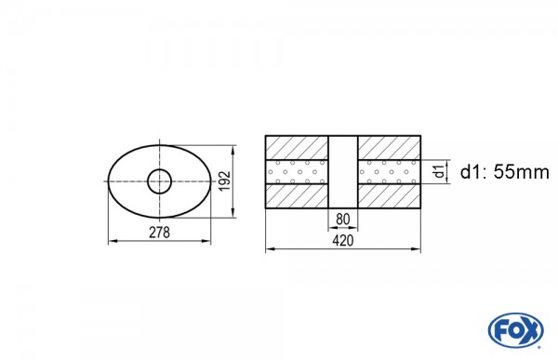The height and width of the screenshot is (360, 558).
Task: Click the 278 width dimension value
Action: (x=159, y=231)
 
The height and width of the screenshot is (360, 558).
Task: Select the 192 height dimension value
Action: (x=223, y=180)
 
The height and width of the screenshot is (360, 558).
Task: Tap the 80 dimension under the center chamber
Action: (x=343, y=220)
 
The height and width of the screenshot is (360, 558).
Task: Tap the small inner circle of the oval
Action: (x=160, y=180)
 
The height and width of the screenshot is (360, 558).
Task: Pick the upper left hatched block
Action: (x=298, y=148)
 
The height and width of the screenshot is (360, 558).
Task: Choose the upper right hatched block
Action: (x=389, y=148)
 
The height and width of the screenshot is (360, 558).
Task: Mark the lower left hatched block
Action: (x=298, y=195)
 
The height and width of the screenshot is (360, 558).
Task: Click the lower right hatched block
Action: (x=389, y=195)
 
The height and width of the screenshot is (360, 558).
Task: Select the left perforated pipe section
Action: (x=298, y=172)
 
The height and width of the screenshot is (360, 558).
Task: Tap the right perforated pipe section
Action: (x=389, y=172)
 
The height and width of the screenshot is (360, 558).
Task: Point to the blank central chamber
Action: (x=343, y=172)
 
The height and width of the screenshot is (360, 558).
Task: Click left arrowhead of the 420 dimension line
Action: (x=271, y=249)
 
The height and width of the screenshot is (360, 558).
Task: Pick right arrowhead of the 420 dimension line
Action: (x=417, y=249)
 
